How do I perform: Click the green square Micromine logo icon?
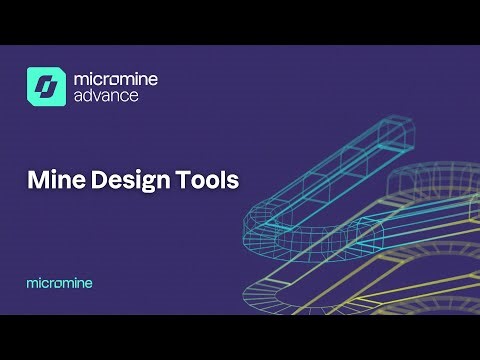(45, 86)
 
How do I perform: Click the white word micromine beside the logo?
(115, 78)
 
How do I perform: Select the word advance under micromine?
(105, 97)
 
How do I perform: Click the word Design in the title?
(122, 182)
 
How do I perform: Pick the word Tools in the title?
(204, 182)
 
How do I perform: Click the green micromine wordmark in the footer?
(59, 283)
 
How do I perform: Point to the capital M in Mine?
(36, 182)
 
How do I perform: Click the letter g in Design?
(138, 184)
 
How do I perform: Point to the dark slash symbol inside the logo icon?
(45, 86)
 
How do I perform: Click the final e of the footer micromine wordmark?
(88, 284)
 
